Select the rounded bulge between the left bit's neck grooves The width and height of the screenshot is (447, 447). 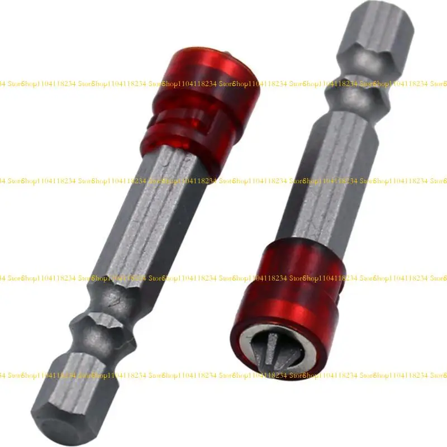[x=103, y=330]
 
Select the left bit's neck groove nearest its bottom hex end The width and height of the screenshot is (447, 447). [x=89, y=352]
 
